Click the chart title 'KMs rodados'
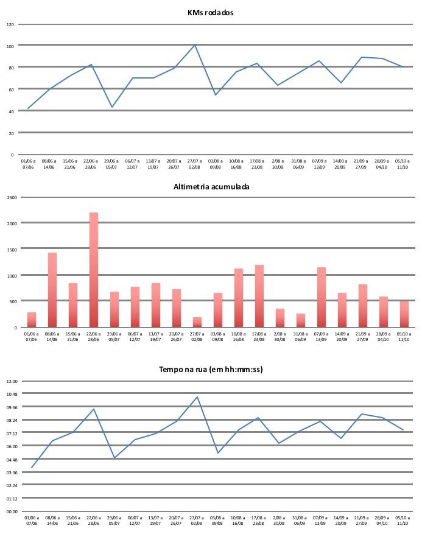pyautogui.click(x=211, y=12)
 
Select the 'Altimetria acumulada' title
pyautogui.click(x=211, y=187)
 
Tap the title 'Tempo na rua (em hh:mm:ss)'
pyautogui.click(x=211, y=369)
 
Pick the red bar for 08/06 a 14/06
pyautogui.click(x=52, y=290)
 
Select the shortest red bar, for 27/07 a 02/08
pyautogui.click(x=197, y=322)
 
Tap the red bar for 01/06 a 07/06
pyautogui.click(x=32, y=320)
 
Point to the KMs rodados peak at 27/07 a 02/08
pyautogui.click(x=195, y=45)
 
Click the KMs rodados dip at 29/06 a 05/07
pyautogui.click(x=112, y=107)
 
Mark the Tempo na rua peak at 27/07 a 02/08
pyautogui.click(x=197, y=397)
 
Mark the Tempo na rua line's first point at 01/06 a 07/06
pyautogui.click(x=32, y=468)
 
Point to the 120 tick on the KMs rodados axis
pyautogui.click(x=10, y=24)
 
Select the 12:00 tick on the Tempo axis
pyautogui.click(x=12, y=381)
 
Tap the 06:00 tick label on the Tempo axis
pyautogui.click(x=12, y=446)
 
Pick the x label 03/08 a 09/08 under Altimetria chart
pyautogui.click(x=217, y=336)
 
